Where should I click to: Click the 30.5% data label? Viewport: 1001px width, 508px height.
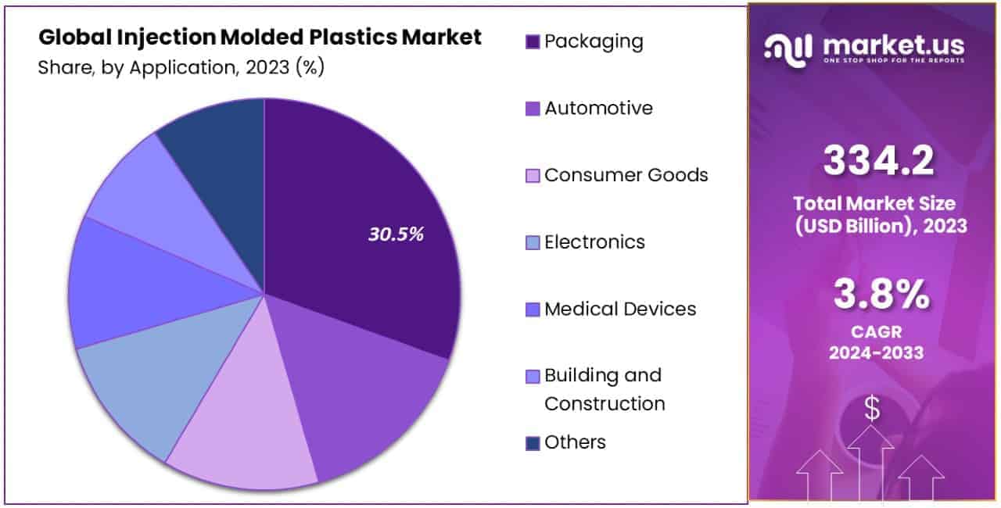[x=396, y=234]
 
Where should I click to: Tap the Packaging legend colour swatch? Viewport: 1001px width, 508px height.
[x=533, y=42]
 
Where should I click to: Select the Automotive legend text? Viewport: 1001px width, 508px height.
[x=598, y=109]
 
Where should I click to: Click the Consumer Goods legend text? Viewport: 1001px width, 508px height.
[x=626, y=175]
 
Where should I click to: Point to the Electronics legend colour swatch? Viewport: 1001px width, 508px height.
[x=533, y=243]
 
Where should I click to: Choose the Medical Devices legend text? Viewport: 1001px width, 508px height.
[x=619, y=309]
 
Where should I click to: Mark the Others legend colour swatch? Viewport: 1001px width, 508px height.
[x=533, y=443]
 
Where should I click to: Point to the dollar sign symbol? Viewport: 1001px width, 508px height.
[x=871, y=409]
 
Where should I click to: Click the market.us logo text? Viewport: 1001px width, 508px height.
[x=892, y=45]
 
